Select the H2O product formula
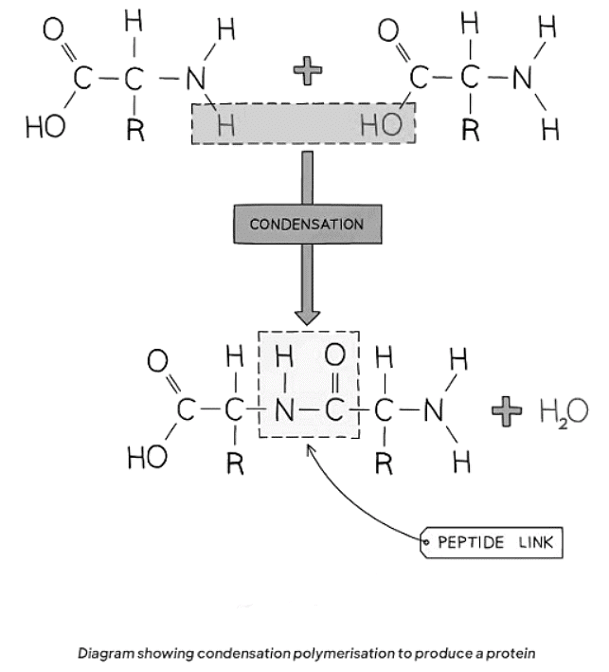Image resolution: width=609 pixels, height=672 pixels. (563, 411)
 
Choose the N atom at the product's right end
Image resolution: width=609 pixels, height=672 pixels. (435, 411)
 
